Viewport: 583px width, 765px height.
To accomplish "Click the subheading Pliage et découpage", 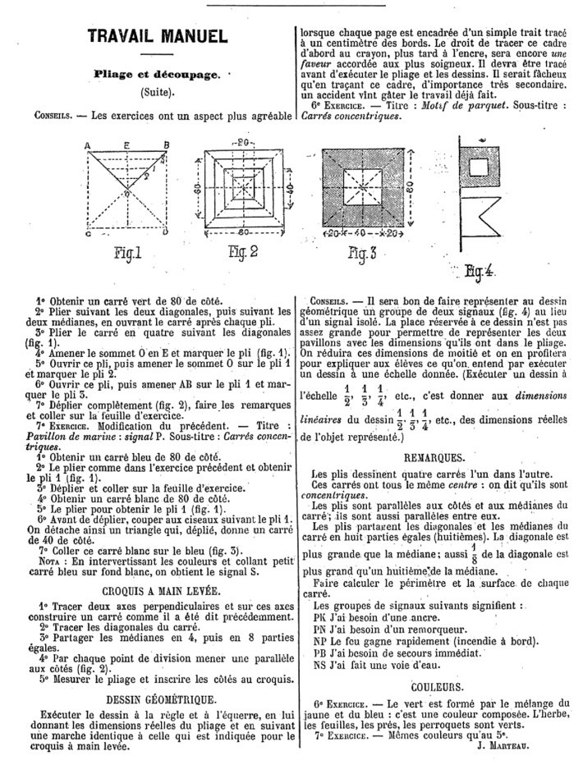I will tap(157, 75).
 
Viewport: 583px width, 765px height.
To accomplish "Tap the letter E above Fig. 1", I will tap(126, 145).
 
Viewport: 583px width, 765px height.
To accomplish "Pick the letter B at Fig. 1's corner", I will tap(167, 145).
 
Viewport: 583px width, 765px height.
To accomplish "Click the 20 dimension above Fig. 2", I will tap(242, 142).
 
